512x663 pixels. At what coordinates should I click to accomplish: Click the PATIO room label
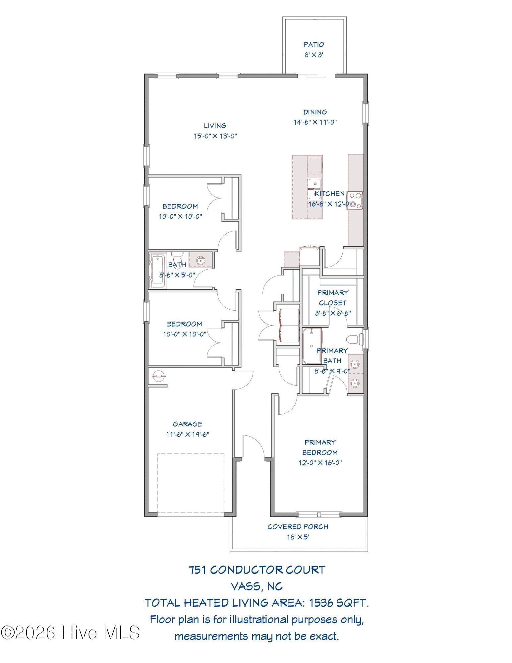click(314, 44)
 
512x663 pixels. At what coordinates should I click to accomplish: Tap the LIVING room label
click(215, 126)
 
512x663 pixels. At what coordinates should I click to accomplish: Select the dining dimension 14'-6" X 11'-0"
click(315, 122)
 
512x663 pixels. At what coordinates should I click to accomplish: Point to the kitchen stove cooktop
click(355, 201)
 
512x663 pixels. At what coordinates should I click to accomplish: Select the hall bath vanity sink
click(200, 261)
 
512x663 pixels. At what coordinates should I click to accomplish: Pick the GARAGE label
click(188, 424)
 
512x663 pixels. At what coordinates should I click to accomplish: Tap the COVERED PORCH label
click(298, 527)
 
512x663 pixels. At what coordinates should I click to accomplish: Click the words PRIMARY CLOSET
click(333, 298)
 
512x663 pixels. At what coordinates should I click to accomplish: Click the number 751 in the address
click(198, 570)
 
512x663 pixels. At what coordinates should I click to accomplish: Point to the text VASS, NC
click(257, 587)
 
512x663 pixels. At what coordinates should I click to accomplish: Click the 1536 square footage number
click(321, 603)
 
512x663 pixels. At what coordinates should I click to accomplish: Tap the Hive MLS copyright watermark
click(70, 633)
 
